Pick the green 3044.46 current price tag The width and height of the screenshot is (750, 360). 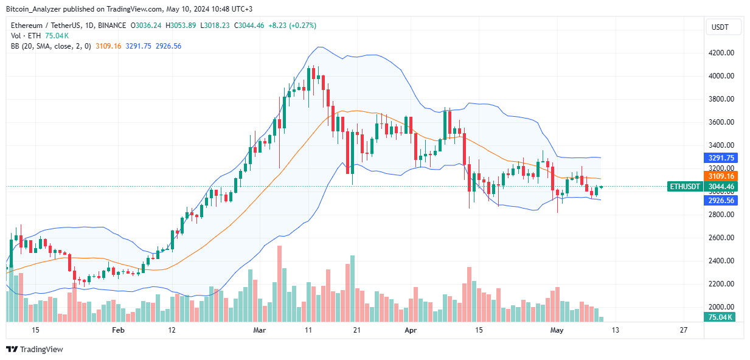point(720,187)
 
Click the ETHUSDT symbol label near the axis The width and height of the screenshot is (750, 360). point(684,187)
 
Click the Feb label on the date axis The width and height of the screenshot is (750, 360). point(118,330)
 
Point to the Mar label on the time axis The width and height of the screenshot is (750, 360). point(260,330)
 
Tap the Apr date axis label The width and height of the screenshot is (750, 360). point(411,330)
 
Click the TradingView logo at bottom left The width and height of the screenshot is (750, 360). point(35,349)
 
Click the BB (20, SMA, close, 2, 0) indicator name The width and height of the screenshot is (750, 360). point(51,46)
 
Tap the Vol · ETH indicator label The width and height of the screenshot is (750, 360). point(26,36)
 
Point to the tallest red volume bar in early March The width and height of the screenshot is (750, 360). point(279,283)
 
